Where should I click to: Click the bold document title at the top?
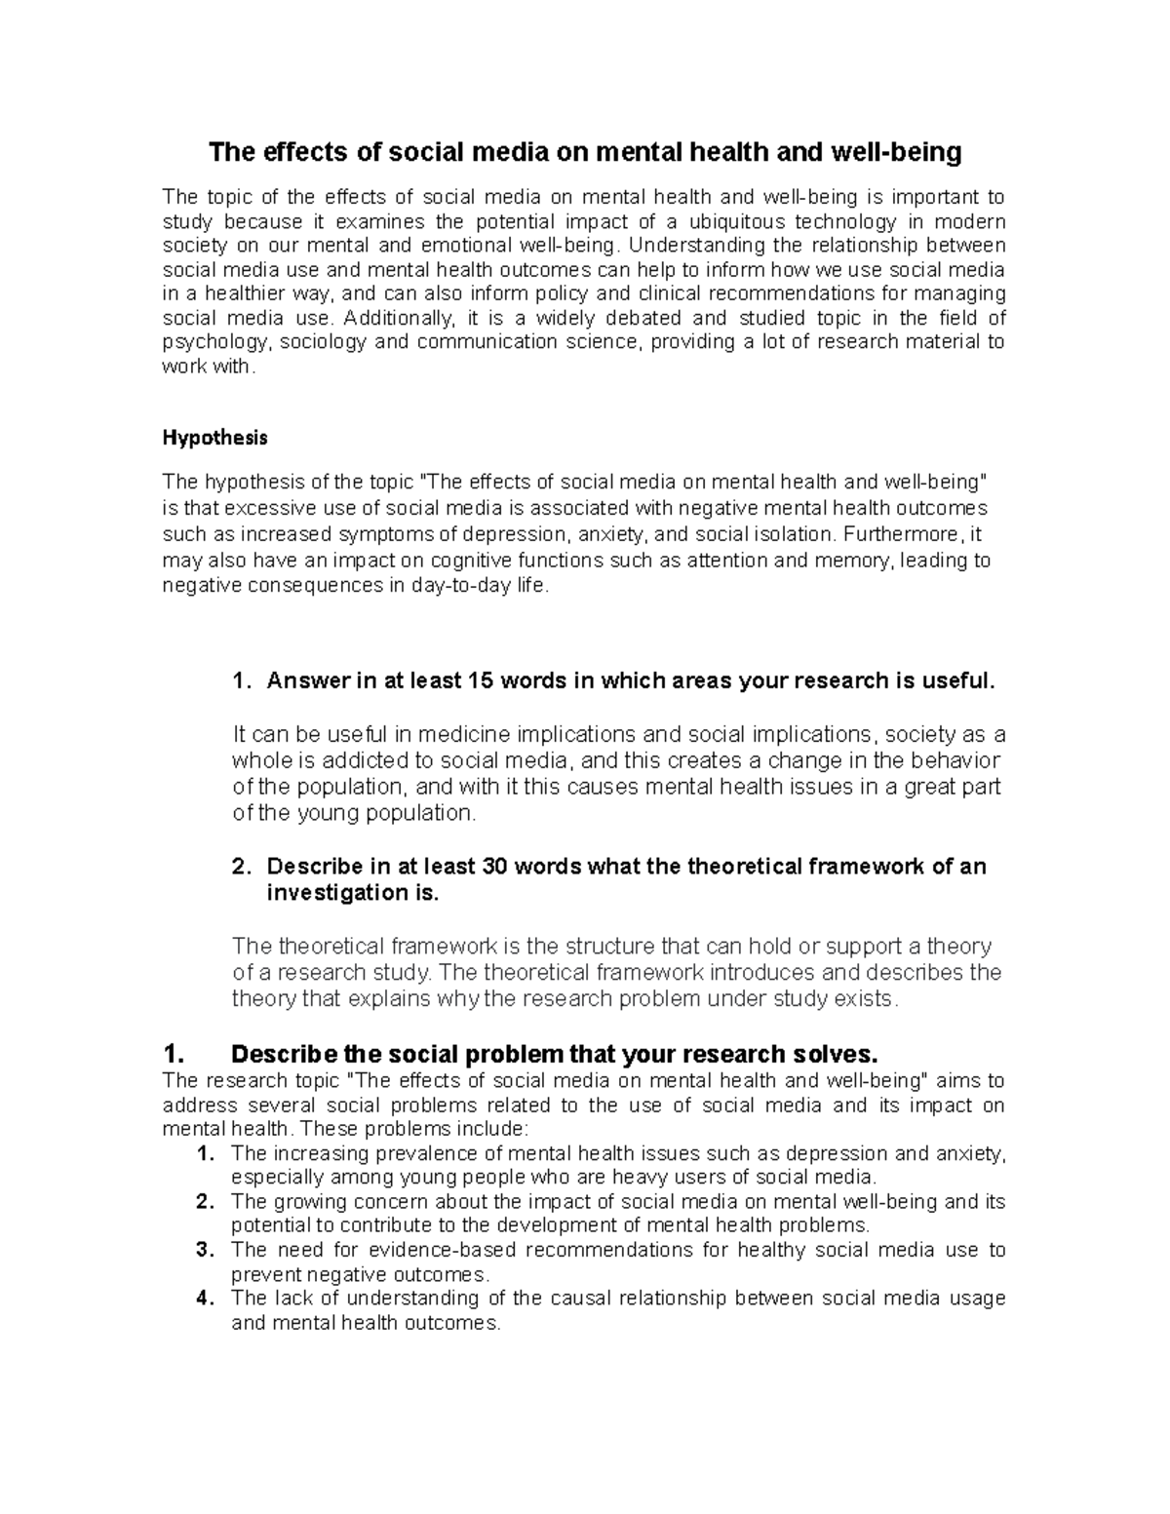[x=586, y=152]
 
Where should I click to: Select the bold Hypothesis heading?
[x=214, y=438]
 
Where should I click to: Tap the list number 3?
[x=203, y=1250]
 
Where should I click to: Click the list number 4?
[x=203, y=1299]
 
